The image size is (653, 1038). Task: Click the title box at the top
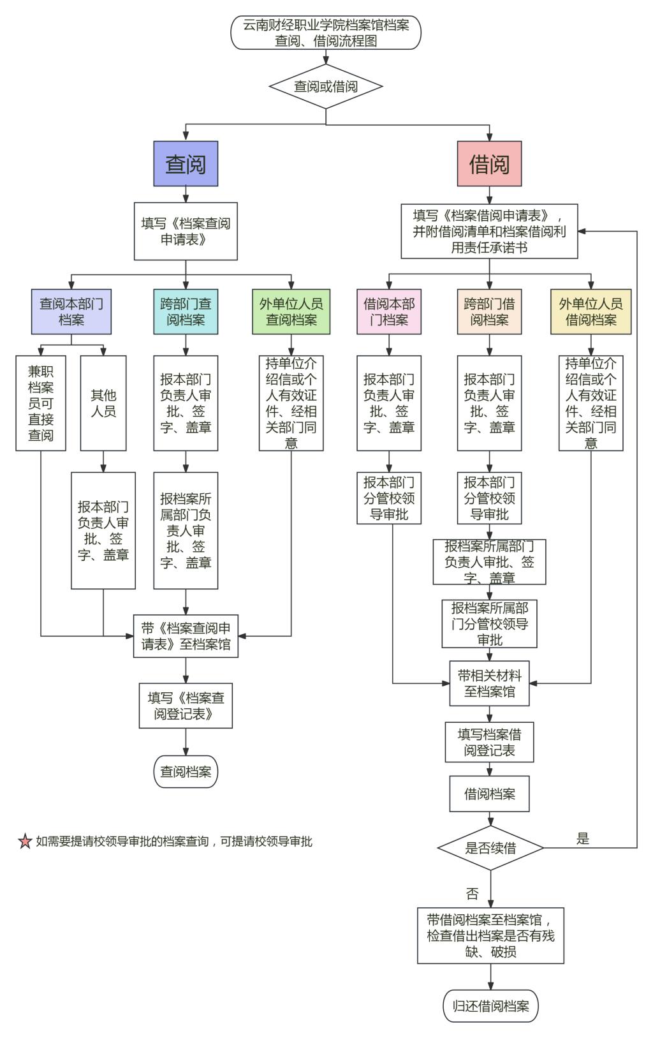326,33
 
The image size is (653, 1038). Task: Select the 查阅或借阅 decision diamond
326,86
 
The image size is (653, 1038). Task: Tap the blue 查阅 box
186,164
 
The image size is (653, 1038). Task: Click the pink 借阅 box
489,164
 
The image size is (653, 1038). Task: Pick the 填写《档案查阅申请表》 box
186,231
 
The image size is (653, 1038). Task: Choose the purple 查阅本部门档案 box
71,311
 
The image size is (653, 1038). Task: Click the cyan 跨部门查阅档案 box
186,311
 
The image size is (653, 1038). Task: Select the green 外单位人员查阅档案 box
291,311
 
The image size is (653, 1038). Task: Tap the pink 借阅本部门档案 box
389,311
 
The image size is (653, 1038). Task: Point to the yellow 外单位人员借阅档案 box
591,311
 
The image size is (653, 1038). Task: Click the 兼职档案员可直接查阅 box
41,403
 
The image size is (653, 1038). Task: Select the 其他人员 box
103,403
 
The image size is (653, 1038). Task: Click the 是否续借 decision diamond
490,848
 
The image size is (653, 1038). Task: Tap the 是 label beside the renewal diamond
583,839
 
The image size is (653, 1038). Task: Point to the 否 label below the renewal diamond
473,894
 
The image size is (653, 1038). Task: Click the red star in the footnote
25,842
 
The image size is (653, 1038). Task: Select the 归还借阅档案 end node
490,1006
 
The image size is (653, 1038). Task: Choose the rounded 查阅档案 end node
186,772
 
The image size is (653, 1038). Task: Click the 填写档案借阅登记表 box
489,743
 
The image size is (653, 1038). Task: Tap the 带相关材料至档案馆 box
489,683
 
